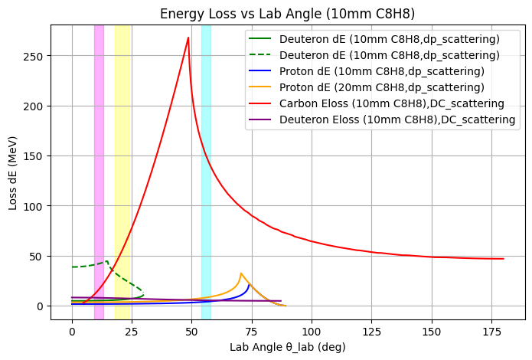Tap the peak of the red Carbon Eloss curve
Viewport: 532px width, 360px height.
coord(188,38)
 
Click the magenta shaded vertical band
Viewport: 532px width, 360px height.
coord(99,169)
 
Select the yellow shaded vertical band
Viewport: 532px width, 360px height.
coord(122,169)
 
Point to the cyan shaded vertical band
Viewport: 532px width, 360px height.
coord(206,169)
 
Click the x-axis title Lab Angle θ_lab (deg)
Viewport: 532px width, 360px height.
coord(288,347)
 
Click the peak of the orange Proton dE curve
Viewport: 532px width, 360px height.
coord(241,273)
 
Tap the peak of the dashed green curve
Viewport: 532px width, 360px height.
coord(107,261)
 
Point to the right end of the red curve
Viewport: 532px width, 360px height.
coord(503,259)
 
